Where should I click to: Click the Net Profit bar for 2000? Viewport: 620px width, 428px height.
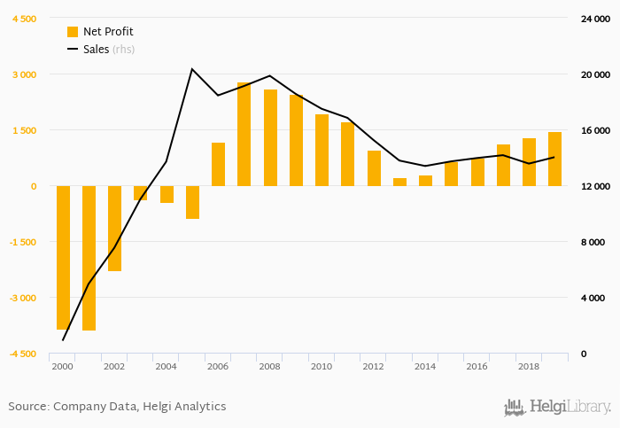[x=63, y=257]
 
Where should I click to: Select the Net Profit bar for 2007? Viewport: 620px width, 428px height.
[x=244, y=135]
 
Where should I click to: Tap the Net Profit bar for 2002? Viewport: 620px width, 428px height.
[x=114, y=228]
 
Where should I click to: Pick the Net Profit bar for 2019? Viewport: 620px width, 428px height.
[x=554, y=160]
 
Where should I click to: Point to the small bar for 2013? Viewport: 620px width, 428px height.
[x=399, y=182]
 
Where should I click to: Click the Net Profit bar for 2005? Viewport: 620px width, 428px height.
[x=192, y=202]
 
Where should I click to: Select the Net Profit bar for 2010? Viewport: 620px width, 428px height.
[x=322, y=151]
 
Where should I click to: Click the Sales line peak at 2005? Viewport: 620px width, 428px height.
[x=192, y=69]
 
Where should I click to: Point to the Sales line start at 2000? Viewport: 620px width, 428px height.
[x=63, y=339]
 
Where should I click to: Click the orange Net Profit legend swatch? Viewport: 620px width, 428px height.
[x=73, y=32]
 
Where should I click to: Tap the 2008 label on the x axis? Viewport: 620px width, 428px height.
[x=269, y=366]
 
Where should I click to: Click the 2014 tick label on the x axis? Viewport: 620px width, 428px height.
[x=425, y=366]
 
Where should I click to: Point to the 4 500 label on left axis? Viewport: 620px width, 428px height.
[x=24, y=19]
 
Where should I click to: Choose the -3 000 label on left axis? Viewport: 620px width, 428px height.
[x=22, y=298]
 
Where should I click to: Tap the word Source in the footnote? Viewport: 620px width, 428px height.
[x=27, y=407]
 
